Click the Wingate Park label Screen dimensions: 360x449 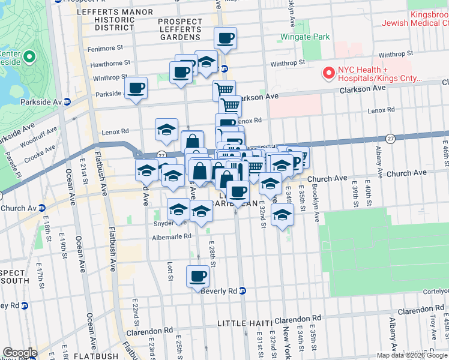click(x=305, y=37)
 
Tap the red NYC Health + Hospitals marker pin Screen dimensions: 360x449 click(x=328, y=73)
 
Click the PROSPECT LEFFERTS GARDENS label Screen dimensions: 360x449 click(x=180, y=29)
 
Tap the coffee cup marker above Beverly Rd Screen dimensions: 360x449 click(x=198, y=277)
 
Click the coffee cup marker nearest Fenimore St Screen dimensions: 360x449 click(x=225, y=38)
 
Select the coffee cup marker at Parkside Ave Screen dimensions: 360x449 click(x=136, y=88)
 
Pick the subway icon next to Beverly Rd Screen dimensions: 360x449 click(x=243, y=291)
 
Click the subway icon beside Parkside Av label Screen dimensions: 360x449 click(x=67, y=102)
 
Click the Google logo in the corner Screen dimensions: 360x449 click(x=19, y=353)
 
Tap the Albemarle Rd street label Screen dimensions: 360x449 click(x=172, y=236)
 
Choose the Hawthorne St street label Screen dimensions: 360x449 click(x=110, y=63)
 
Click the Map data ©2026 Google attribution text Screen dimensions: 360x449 click(x=412, y=355)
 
